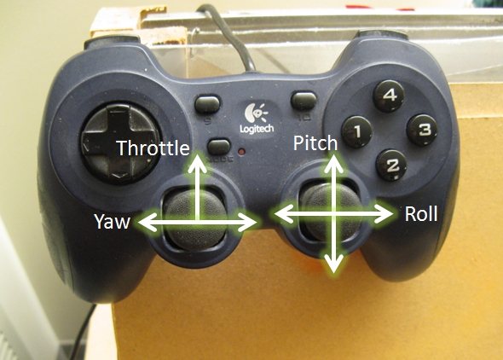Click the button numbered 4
(389, 96)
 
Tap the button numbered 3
(422, 130)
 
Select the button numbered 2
(391, 165)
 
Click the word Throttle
(153, 148)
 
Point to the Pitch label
(315, 143)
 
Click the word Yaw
(112, 222)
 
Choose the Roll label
(421, 214)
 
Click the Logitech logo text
(257, 129)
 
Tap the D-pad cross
(120, 143)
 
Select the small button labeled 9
(207, 103)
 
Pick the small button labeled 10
(304, 101)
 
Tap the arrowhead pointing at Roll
(384, 213)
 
